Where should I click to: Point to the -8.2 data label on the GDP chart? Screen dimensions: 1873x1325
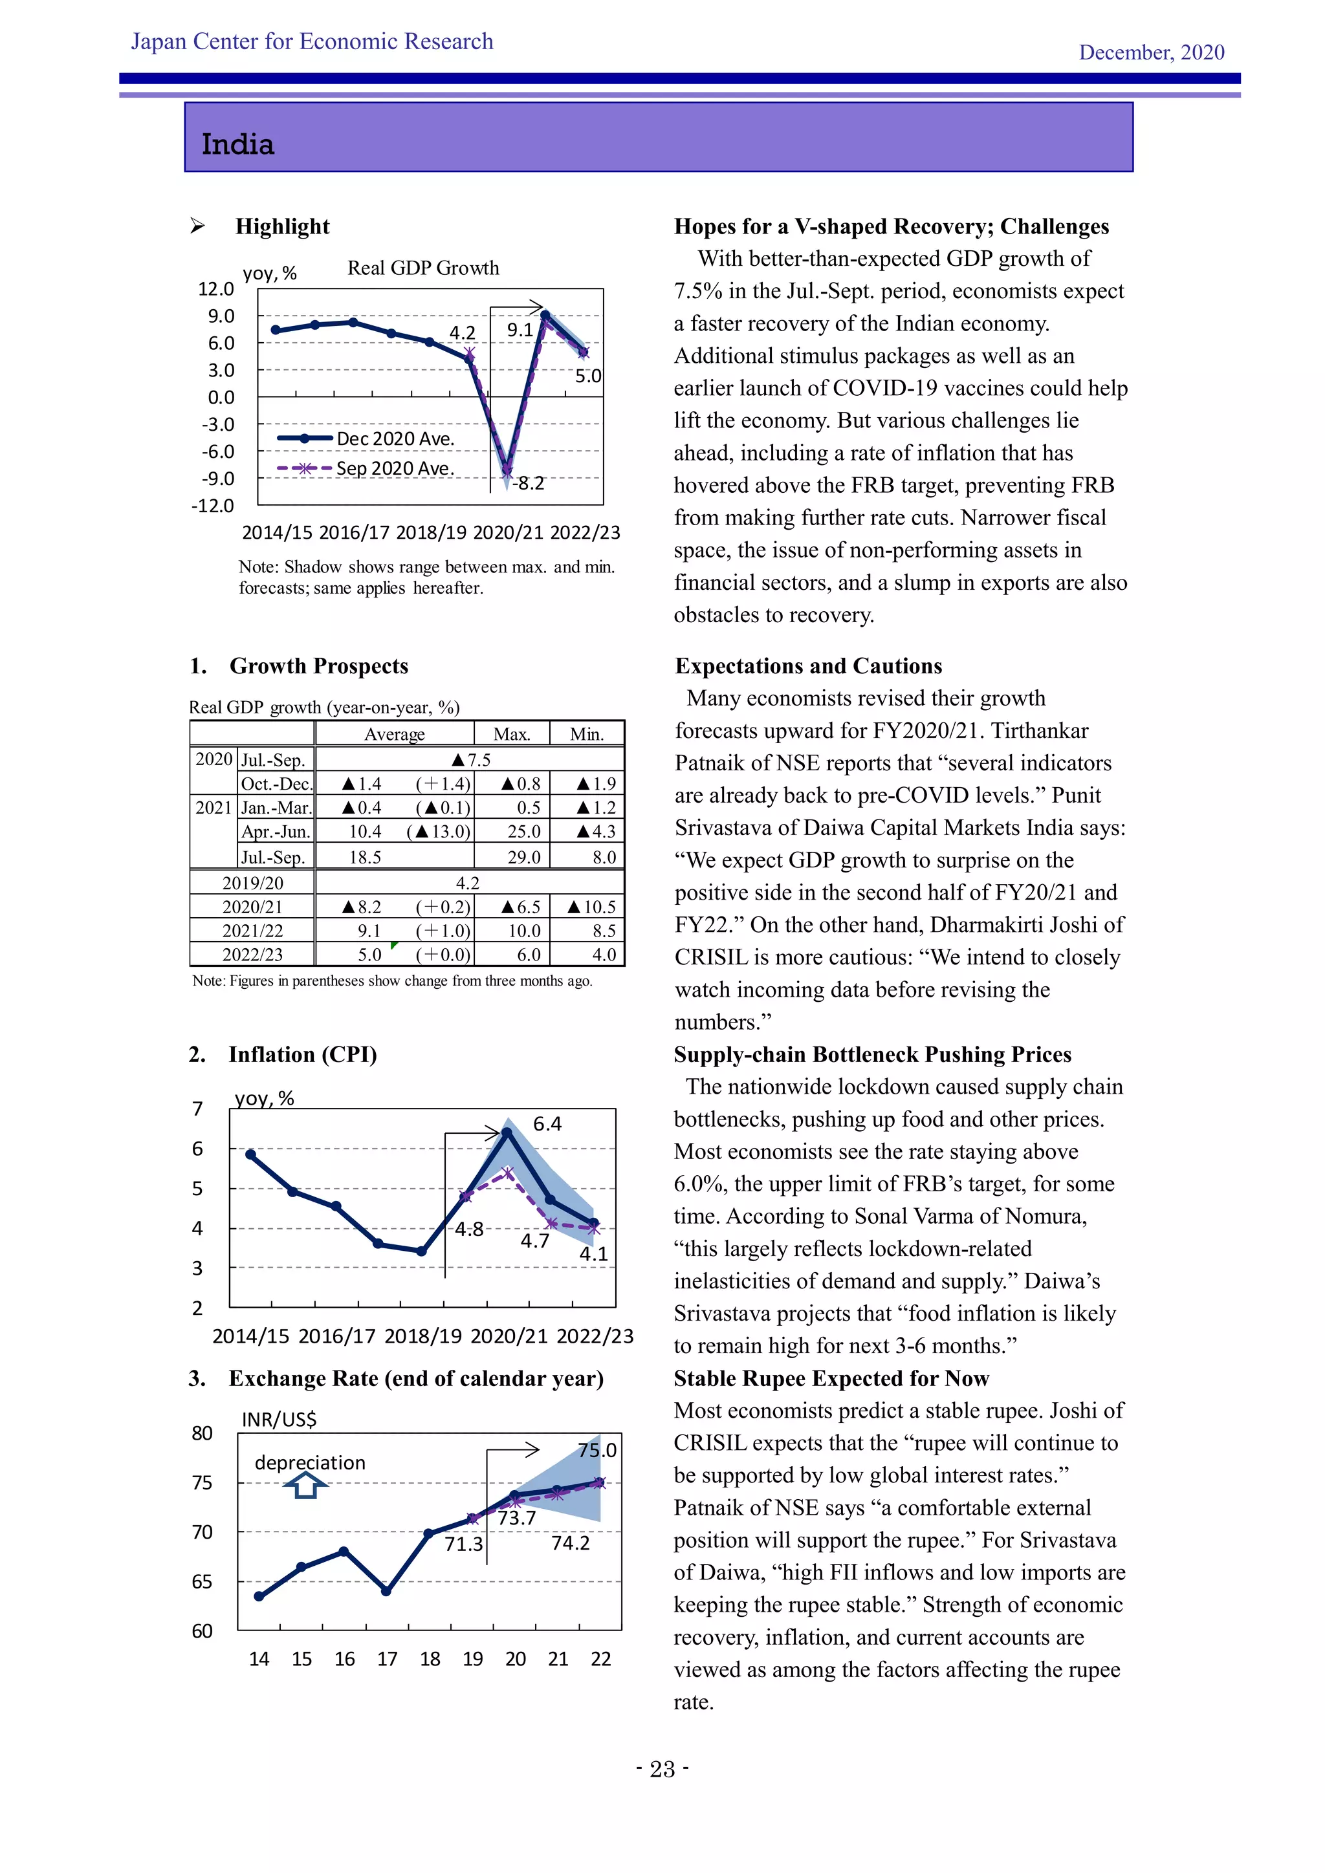coord(529,483)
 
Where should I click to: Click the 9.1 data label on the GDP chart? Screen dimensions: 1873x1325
coord(520,330)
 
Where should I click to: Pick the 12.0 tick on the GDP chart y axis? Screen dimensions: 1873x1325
coord(215,289)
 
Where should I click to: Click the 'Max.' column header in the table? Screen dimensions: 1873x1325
coord(512,734)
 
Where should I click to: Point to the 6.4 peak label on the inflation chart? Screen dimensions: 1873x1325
coord(547,1124)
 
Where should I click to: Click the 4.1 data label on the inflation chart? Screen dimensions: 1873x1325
coord(593,1254)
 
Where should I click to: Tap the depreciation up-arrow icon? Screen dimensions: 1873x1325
coord(305,1486)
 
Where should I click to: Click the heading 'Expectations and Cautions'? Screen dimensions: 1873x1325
coord(807,667)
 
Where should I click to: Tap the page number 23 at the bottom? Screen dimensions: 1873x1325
coord(662,1770)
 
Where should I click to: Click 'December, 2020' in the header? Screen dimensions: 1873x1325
coord(1151,52)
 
